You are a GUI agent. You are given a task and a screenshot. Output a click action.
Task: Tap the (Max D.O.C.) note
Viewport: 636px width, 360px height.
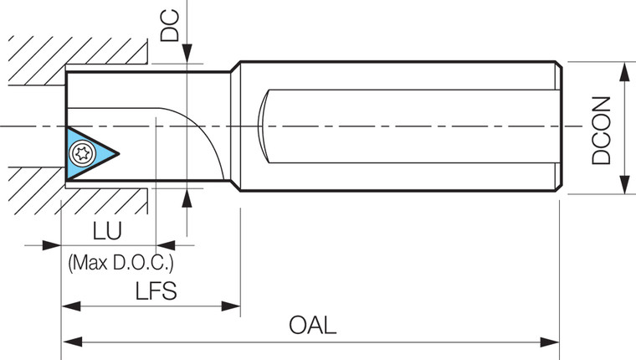[121, 265]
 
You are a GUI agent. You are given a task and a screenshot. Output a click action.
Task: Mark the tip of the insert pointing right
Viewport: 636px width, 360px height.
[121, 153]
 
